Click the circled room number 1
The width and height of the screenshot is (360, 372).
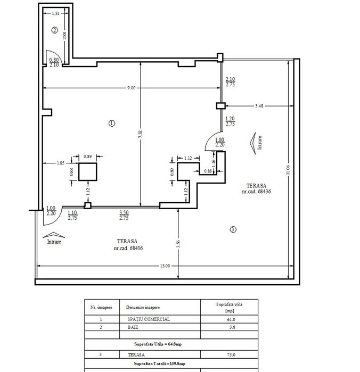pyautogui.click(x=112, y=123)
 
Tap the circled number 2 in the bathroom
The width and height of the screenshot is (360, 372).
pyautogui.click(x=55, y=30)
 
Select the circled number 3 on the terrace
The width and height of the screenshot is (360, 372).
pyautogui.click(x=233, y=229)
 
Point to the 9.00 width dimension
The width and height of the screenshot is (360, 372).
pyautogui.click(x=132, y=88)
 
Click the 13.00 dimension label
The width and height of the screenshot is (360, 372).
pyautogui.click(x=165, y=266)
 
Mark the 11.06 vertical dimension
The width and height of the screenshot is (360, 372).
pyautogui.click(x=288, y=170)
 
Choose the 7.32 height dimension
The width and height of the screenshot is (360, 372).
pyautogui.click(x=140, y=135)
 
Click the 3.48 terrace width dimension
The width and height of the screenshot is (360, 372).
pyautogui.click(x=259, y=106)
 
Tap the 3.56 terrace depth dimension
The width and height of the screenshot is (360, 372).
pyautogui.click(x=178, y=244)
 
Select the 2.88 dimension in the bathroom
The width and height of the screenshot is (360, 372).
pyautogui.click(x=64, y=36)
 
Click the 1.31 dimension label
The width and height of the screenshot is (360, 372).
pyautogui.click(x=55, y=13)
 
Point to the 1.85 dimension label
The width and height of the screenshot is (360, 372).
pyautogui.click(x=60, y=163)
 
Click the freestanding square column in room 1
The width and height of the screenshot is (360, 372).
pyautogui.click(x=88, y=172)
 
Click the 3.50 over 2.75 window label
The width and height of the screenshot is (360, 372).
pyautogui.click(x=124, y=215)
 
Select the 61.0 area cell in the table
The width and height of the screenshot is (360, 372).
pyautogui.click(x=231, y=319)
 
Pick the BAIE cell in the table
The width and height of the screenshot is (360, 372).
pyautogui.click(x=133, y=327)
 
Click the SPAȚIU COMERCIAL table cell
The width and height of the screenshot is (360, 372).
pyautogui.click(x=149, y=319)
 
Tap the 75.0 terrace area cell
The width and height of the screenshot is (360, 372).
pyautogui.click(x=231, y=354)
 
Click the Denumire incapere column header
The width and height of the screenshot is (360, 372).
pyautogui.click(x=143, y=307)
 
